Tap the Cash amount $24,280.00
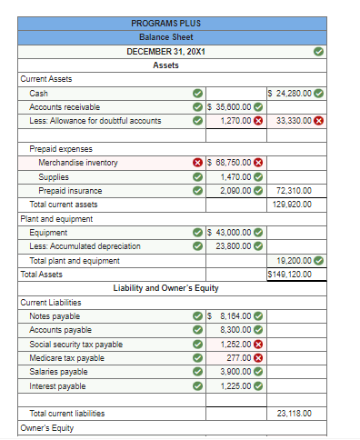[x=292, y=93]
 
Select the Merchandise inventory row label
[x=78, y=163]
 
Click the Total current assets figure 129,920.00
[x=292, y=205]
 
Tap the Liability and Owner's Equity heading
[x=165, y=287]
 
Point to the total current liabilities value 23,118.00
[x=294, y=414]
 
